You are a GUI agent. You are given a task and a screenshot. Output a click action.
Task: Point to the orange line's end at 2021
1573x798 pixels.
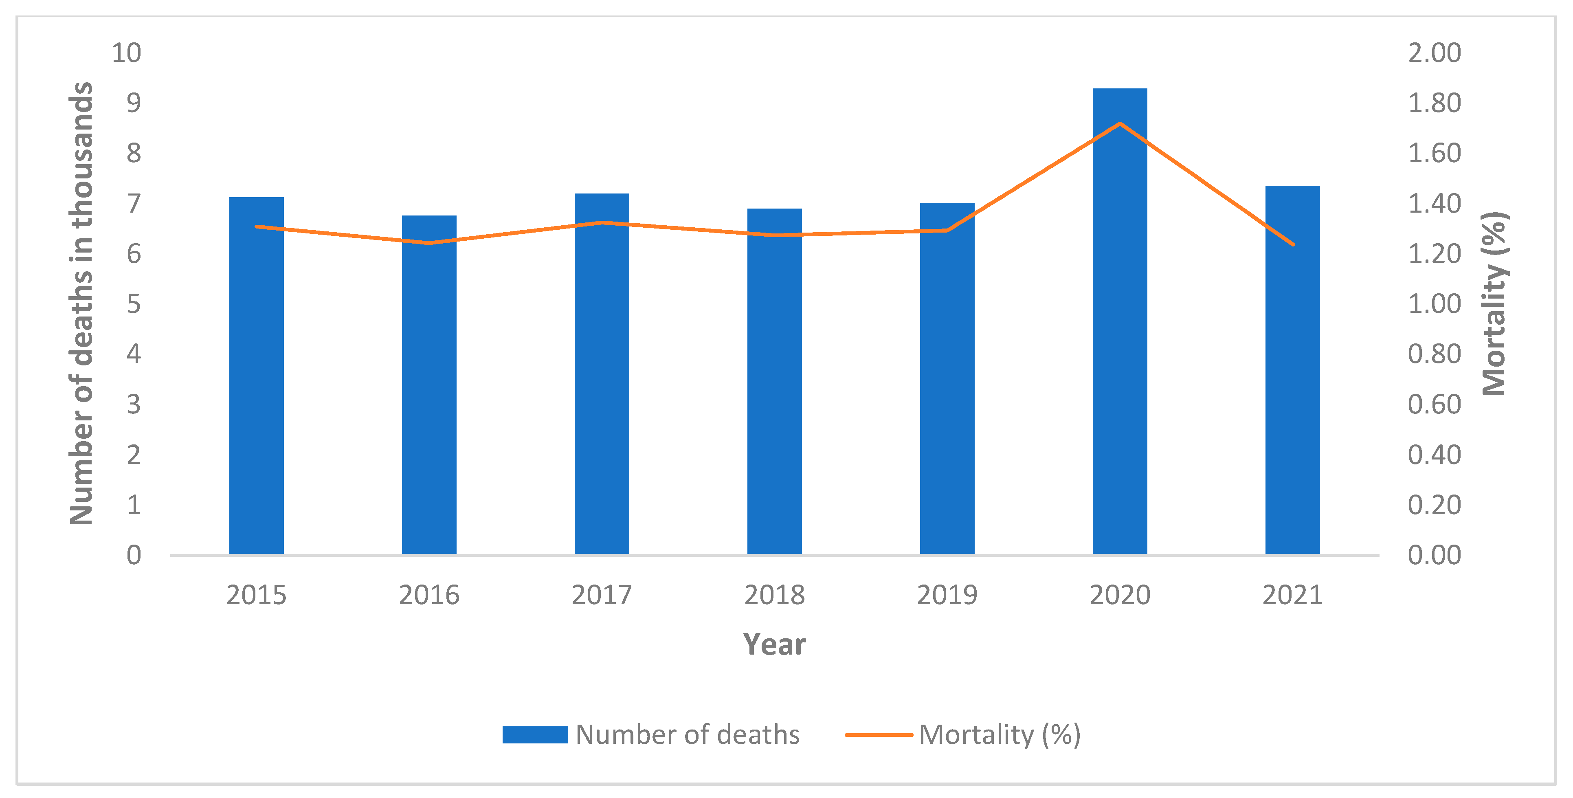tap(1293, 244)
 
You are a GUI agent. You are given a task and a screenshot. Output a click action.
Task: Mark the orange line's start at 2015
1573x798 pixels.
tap(257, 226)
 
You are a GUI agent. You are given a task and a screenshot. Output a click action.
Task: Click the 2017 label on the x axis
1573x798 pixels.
tap(602, 595)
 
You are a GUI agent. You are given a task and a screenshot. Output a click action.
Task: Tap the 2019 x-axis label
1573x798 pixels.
tap(947, 595)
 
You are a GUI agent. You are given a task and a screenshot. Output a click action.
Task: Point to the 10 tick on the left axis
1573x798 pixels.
tap(126, 53)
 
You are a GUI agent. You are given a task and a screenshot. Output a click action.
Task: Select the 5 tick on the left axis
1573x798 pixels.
tap(134, 304)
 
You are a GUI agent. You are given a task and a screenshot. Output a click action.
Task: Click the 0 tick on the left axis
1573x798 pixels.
tap(134, 555)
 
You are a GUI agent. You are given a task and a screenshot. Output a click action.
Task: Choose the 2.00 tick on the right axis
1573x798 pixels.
tap(1434, 53)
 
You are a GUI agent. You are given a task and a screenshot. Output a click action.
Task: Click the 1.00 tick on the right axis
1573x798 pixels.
tap(1434, 304)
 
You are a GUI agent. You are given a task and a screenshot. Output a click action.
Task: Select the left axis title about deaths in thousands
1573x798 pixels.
tap(81, 303)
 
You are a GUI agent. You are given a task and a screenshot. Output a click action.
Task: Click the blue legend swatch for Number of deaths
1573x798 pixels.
tap(535, 734)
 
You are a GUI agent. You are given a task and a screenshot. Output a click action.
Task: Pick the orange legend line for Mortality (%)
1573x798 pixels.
tap(878, 734)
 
